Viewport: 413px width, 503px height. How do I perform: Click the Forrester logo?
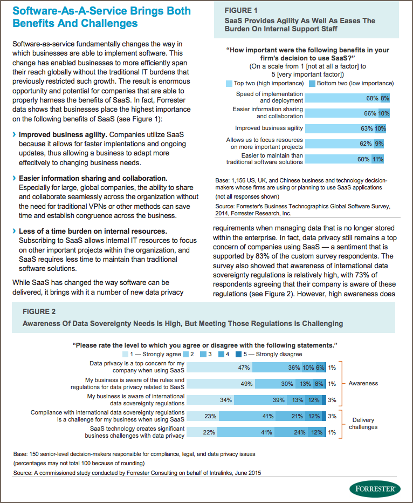[x=375, y=489]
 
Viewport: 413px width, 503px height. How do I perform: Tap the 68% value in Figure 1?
[x=373, y=98]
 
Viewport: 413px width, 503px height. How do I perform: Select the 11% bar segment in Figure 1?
[x=378, y=159]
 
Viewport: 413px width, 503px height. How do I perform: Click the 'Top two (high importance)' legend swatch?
[x=229, y=84]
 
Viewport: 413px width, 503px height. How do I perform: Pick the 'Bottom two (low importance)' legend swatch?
[x=312, y=84]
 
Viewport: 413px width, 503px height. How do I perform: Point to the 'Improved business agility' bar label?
[x=269, y=128]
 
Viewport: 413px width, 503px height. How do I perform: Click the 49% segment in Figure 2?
[x=221, y=384]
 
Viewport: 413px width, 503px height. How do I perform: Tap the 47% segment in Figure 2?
[x=219, y=368]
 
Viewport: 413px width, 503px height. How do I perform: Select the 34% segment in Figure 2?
[x=210, y=400]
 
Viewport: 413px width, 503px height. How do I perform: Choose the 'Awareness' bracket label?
[x=363, y=383]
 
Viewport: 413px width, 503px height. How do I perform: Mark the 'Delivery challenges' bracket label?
[x=363, y=424]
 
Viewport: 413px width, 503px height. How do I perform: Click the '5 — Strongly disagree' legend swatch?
[x=238, y=355]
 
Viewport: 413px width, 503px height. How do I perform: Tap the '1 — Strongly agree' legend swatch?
[x=125, y=355]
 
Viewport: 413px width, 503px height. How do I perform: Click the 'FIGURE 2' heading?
[x=39, y=311]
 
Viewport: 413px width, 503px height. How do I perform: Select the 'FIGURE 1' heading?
[x=241, y=11]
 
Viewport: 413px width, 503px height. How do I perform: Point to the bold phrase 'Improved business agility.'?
[x=63, y=135]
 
